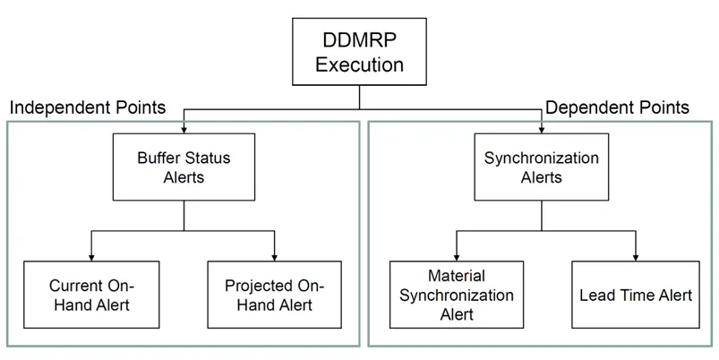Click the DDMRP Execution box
(x=360, y=51)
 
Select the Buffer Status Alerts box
(x=184, y=167)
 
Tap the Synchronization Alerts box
(x=542, y=167)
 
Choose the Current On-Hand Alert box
(x=91, y=295)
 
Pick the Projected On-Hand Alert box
(x=274, y=295)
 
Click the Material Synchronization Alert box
(x=457, y=295)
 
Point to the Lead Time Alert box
(x=636, y=295)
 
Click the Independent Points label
(x=88, y=107)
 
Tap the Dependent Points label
(x=617, y=107)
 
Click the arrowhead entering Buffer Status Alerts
(x=184, y=130)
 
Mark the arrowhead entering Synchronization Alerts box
(x=542, y=130)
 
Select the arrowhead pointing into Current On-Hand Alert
(x=91, y=258)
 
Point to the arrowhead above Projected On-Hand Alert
(x=274, y=258)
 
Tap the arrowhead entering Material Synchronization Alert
(x=457, y=258)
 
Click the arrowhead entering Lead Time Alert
(x=636, y=258)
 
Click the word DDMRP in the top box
(x=360, y=40)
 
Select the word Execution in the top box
(x=360, y=64)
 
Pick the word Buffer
(x=159, y=158)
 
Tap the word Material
(x=457, y=276)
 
